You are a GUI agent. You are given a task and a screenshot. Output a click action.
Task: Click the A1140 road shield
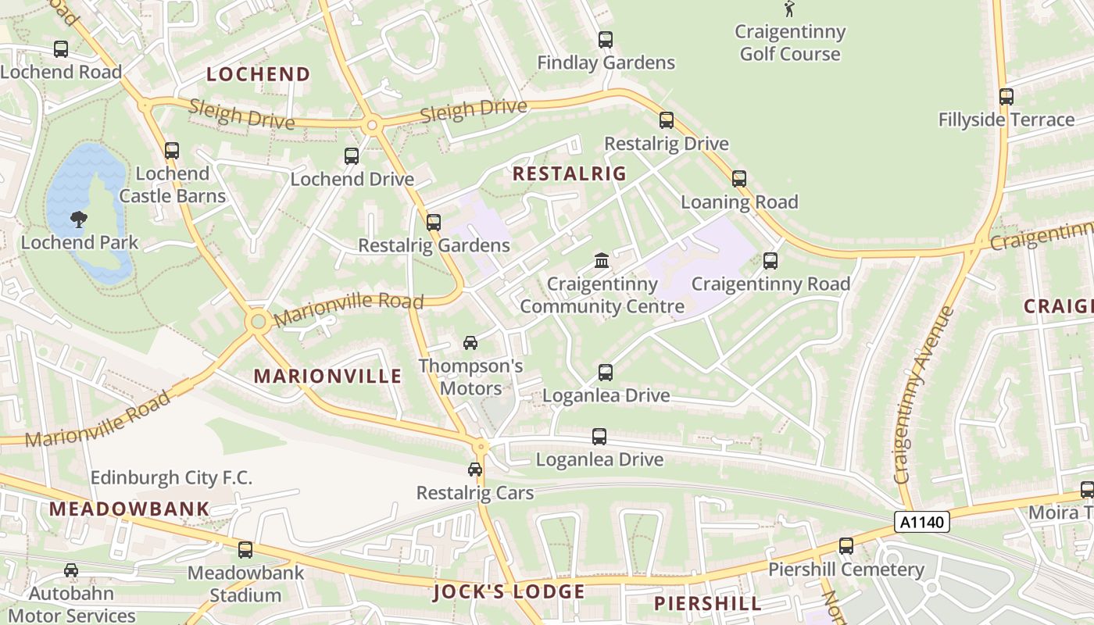(x=921, y=522)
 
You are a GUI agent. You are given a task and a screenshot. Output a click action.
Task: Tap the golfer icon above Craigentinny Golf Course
(x=790, y=9)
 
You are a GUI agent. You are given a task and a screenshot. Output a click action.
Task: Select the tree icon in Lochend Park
(x=79, y=220)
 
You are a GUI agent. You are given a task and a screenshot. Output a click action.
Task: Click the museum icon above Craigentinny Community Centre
(x=602, y=260)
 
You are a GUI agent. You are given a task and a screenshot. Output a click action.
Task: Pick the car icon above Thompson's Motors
(x=470, y=343)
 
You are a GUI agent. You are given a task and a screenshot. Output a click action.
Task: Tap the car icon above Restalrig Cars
(x=475, y=470)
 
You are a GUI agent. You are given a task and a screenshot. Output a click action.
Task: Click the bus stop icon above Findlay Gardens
(x=606, y=40)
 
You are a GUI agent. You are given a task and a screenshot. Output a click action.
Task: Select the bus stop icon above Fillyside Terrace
(x=1006, y=97)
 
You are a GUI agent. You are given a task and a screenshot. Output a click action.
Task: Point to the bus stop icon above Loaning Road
(x=739, y=179)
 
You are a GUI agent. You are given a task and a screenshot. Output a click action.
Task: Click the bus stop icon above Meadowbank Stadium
(x=245, y=550)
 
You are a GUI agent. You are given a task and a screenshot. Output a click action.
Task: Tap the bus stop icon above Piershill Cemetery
(x=846, y=546)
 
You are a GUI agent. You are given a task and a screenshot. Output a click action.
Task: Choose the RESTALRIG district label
(x=570, y=174)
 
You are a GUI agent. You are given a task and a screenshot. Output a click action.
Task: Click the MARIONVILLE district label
(x=327, y=377)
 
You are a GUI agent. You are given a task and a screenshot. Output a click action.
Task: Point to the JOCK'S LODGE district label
(x=509, y=592)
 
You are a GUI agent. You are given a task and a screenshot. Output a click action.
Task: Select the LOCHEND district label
(x=259, y=75)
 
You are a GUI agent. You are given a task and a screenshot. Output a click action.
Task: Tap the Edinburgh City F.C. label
(x=171, y=477)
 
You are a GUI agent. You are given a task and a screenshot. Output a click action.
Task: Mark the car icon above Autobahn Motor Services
(x=71, y=571)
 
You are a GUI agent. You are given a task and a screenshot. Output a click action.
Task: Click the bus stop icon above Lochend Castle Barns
(x=172, y=151)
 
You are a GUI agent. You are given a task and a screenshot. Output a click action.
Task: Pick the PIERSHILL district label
(x=707, y=604)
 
